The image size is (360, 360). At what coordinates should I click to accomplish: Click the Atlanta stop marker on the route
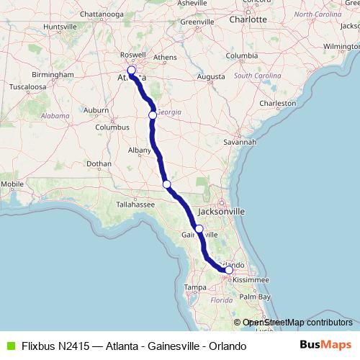click(131, 71)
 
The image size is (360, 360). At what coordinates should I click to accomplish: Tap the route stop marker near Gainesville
click(199, 229)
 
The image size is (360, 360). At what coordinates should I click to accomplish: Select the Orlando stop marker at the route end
click(229, 270)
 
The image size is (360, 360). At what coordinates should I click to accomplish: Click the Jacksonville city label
click(221, 212)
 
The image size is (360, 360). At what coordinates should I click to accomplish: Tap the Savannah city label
click(240, 142)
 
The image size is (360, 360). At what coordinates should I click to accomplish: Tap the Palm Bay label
click(255, 296)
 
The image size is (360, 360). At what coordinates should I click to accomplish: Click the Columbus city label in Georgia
click(112, 127)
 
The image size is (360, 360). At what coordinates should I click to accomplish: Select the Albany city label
click(140, 150)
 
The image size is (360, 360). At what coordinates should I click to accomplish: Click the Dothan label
click(99, 163)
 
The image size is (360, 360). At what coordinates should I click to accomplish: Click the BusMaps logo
click(326, 346)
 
